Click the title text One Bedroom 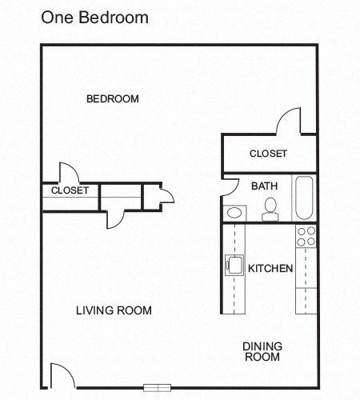tap(94, 16)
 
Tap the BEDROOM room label tap(113, 99)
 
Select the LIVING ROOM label tap(114, 310)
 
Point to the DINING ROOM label tap(262, 351)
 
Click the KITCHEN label tap(270, 269)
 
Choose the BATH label tap(264, 186)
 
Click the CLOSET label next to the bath tap(268, 154)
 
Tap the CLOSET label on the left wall tap(70, 190)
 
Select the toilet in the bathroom tap(270, 209)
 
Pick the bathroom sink tap(235, 213)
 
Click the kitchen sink tap(235, 265)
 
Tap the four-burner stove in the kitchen tap(306, 235)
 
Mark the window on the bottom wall tap(158, 387)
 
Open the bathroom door tap(230, 186)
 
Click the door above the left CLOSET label tap(67, 173)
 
